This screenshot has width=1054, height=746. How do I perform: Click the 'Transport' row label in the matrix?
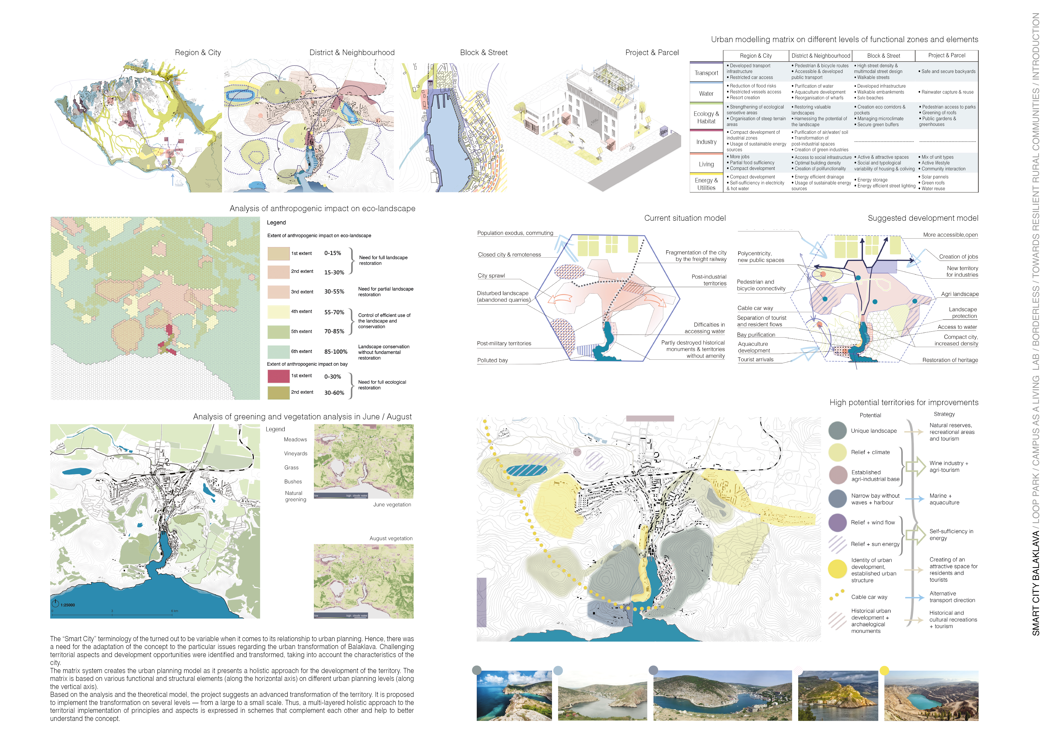pos(706,73)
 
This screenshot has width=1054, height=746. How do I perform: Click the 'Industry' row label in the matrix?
pos(706,142)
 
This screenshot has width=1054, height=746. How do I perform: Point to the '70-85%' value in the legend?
pos(334,331)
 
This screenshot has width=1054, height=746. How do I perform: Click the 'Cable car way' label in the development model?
pos(755,308)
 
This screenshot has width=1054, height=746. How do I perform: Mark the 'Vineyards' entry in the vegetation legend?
pos(296,454)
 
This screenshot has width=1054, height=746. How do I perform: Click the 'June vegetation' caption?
pos(392,505)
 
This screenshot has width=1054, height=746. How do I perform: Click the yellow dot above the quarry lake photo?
pos(884,671)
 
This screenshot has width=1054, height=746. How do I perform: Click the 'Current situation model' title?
pos(685,218)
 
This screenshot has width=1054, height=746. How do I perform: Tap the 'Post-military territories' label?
pos(504,344)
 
